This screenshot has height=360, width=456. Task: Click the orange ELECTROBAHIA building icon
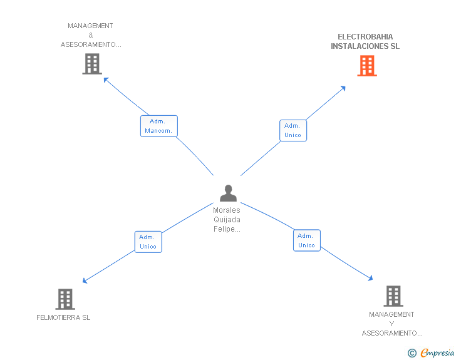[x=367, y=66]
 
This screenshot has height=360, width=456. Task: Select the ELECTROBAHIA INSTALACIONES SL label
[x=365, y=41]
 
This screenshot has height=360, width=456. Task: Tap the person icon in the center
[x=228, y=193]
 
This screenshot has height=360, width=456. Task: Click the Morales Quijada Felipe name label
[x=227, y=220]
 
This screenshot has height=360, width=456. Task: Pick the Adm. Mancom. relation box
[x=159, y=126]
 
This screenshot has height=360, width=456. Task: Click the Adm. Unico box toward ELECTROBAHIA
[x=293, y=130]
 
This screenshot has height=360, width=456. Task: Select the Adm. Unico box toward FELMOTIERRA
[x=148, y=242]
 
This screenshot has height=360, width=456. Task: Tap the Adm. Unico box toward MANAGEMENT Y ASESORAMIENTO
[x=306, y=240]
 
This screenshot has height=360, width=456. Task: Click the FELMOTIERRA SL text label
[x=63, y=317]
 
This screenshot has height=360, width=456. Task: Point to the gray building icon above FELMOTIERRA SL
[x=65, y=299]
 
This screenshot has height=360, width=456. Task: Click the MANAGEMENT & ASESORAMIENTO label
[x=91, y=35]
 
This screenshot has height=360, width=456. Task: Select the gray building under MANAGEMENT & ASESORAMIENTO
[x=92, y=64]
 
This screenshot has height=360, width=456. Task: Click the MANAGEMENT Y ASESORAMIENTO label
[x=392, y=324]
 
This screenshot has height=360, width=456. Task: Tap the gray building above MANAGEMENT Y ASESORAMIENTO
[x=393, y=296]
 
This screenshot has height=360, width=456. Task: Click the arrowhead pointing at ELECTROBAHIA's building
[x=343, y=88]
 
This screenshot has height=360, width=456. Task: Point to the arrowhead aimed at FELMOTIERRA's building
[x=85, y=280]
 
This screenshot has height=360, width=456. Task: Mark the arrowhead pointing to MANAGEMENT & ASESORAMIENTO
[x=106, y=80]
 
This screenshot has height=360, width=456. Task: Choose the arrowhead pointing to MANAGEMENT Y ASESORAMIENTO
[x=371, y=278]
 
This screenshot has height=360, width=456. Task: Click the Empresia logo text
[x=437, y=352]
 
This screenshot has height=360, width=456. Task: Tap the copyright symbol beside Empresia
[x=412, y=353]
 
